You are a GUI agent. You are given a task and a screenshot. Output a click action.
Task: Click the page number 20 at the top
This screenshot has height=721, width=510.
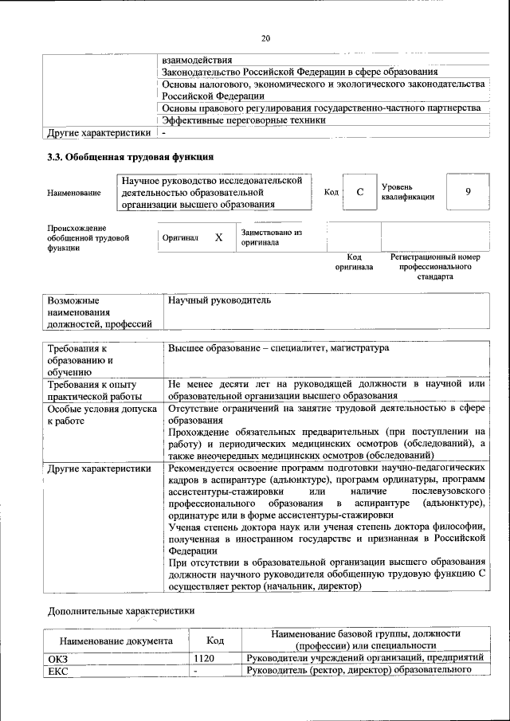[x=266, y=37]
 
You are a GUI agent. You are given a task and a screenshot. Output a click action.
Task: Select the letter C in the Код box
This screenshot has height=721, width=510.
[x=360, y=192]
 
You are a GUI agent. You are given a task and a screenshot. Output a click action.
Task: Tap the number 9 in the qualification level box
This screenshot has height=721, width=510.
[x=468, y=192]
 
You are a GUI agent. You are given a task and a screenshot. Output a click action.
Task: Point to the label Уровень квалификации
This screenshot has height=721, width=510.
[x=408, y=191]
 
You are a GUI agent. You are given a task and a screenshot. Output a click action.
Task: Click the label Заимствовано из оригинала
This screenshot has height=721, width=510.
[x=272, y=237]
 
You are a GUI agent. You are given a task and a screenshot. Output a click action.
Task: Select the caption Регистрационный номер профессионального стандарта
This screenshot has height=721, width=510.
[x=434, y=268]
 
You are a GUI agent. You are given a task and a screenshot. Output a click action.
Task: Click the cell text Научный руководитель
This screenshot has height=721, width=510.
[x=220, y=301]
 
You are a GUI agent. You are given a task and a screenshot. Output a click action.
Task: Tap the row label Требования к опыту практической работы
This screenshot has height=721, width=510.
[x=95, y=390]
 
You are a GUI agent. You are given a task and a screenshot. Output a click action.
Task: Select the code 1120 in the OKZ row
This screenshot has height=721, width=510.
[x=205, y=658]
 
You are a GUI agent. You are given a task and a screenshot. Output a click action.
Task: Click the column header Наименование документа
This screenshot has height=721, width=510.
[x=116, y=640]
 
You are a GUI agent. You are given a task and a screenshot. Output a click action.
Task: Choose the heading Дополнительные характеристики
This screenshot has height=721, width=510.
[x=120, y=610]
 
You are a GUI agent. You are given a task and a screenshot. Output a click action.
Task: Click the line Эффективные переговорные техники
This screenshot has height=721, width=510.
[x=243, y=120]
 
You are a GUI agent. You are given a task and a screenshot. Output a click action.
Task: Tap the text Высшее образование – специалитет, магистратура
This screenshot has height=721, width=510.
[x=278, y=349]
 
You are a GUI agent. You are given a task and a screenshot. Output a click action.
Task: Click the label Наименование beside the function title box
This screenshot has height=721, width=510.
[x=74, y=193]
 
